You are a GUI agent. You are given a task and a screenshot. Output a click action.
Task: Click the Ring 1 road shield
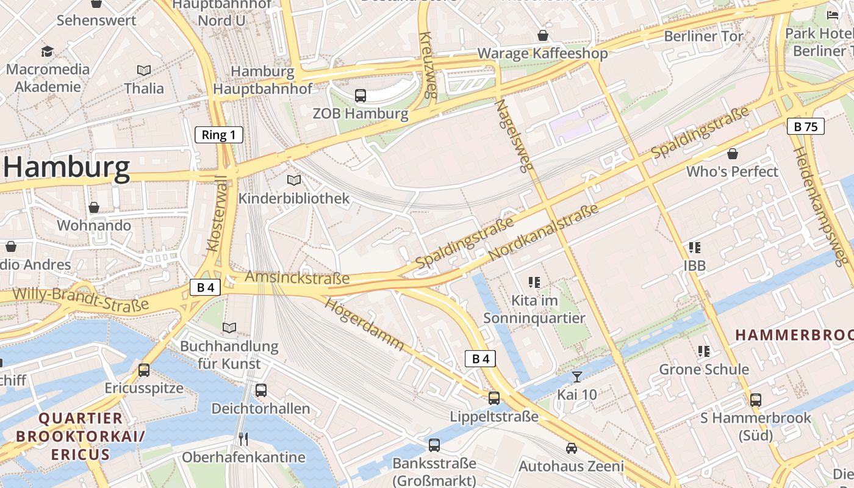click(219, 135)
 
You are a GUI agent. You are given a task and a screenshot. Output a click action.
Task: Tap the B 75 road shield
click(805, 126)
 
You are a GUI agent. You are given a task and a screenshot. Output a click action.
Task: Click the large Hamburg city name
click(67, 167)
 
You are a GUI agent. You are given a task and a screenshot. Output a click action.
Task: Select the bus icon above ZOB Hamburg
click(361, 95)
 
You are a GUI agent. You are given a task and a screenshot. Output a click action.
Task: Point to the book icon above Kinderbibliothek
click(294, 180)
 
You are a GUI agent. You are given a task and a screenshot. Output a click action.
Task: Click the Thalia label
click(144, 88)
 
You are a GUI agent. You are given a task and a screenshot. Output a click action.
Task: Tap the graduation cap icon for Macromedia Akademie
click(47, 51)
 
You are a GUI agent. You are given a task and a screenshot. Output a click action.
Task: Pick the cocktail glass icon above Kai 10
click(576, 376)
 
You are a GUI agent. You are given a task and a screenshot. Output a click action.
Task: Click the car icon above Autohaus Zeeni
click(571, 448)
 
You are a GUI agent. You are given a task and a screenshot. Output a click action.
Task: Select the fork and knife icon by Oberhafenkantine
click(243, 439)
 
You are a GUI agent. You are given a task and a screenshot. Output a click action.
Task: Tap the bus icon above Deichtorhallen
click(261, 390)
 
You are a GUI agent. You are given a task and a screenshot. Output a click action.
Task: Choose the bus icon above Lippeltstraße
click(494, 398)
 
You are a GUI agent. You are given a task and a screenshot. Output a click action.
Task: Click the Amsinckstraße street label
click(297, 278)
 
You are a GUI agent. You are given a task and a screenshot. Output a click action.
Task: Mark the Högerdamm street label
click(364, 323)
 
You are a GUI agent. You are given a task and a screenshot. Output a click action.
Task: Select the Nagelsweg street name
click(514, 135)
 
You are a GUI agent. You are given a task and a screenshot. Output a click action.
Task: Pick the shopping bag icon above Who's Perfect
click(733, 154)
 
